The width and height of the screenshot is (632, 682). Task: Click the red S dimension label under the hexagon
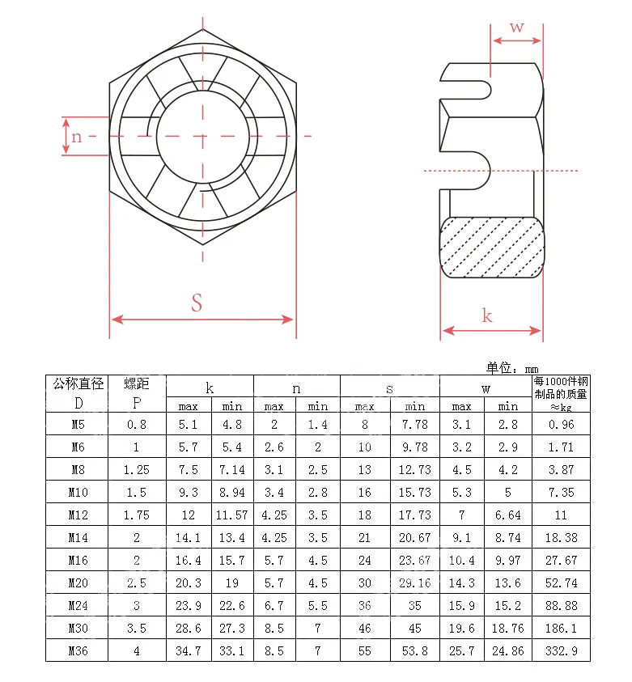[197, 303]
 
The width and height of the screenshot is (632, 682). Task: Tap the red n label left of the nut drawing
[76, 136]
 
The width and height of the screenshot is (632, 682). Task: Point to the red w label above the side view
[516, 27]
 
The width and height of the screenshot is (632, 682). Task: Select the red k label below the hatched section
[487, 315]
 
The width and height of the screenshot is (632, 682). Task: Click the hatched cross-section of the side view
[491, 247]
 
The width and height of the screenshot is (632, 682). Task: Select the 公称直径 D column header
[78, 393]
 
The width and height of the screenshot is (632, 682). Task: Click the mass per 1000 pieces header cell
[561, 393]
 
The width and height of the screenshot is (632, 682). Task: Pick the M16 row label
[78, 560]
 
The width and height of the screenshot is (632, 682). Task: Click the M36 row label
[78, 650]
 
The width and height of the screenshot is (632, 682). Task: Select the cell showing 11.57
[232, 515]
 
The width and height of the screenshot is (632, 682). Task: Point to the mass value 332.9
[561, 650]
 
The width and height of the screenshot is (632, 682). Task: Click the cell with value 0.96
[561, 424]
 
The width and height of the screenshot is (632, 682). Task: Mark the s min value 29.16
[415, 582]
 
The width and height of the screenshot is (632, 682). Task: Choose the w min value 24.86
[507, 650]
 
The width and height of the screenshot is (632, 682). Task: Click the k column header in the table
[210, 388]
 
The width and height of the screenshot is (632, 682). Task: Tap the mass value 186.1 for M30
[561, 628]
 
